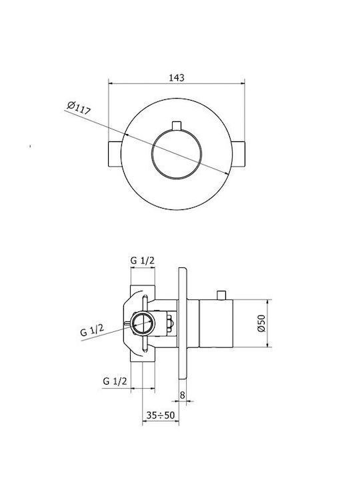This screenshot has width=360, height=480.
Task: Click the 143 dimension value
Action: pos(177,77)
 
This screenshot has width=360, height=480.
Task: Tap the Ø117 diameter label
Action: pos(79,107)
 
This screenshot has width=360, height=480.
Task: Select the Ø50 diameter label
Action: pos(261,323)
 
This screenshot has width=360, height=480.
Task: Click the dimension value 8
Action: pos(183,395)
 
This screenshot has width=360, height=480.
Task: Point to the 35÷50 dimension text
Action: pos(161,415)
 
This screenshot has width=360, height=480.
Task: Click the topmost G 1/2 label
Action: pos(143,261)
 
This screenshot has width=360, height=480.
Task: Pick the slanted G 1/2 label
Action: pos(92,330)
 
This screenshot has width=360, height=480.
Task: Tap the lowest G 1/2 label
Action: pos(115,381)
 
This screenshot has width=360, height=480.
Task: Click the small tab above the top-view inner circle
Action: pos(177,125)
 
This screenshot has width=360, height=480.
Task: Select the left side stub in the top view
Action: pos(115,154)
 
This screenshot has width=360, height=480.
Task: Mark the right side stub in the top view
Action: pos(239,154)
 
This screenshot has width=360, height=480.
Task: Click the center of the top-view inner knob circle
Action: pos(177,154)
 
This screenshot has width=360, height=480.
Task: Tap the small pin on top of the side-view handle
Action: pos(221,295)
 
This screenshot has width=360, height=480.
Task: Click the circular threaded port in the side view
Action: pos(143,323)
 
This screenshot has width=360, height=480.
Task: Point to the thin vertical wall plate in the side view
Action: pos(183,323)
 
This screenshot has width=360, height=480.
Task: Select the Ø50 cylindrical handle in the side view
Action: pos(216,323)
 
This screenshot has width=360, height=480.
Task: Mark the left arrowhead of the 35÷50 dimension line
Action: pos(145,421)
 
